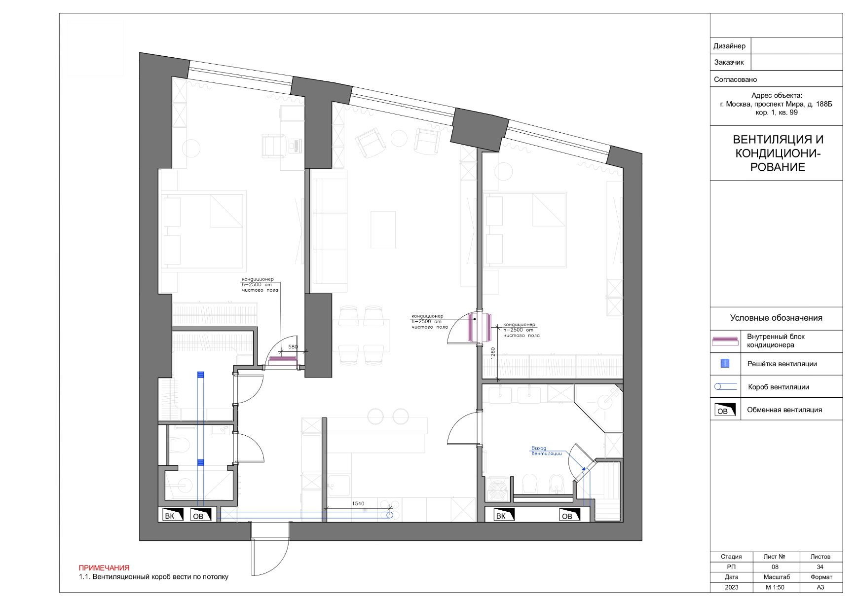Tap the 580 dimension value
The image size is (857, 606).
[293, 346]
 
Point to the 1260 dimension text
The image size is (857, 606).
[493, 353]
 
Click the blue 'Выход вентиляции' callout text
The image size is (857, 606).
[546, 451]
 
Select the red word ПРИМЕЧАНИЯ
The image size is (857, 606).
[104, 568]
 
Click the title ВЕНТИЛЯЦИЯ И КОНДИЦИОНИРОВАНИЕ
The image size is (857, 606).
[778, 153]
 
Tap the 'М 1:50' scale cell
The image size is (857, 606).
[775, 587]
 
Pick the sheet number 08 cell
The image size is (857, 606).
[775, 567]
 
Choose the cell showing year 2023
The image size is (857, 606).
[732, 587]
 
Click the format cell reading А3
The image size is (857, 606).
[820, 587]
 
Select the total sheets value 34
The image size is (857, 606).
[820, 567]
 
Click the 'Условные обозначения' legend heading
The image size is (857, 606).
[776, 318]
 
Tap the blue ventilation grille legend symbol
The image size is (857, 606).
[725, 364]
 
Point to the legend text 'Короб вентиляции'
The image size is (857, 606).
[779, 387]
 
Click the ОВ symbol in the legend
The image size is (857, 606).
[725, 410]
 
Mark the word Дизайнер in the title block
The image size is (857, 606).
[730, 46]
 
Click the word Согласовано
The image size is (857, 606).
[735, 79]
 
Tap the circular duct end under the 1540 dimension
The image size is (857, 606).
[390, 515]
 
